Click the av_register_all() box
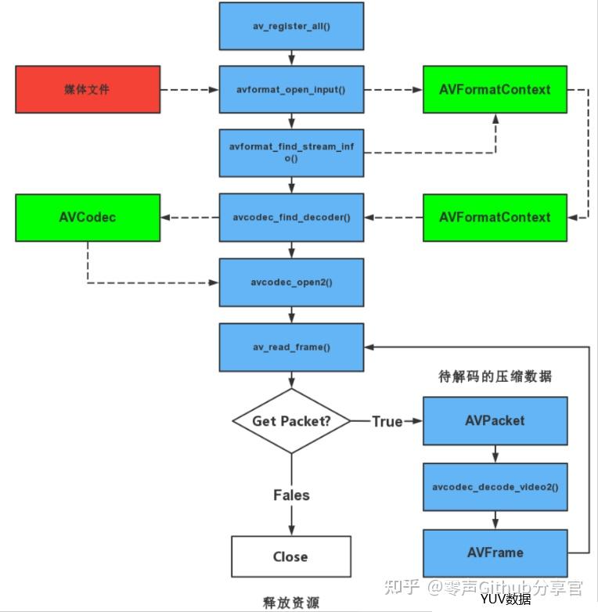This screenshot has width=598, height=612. click(x=291, y=26)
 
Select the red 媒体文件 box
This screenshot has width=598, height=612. click(x=88, y=89)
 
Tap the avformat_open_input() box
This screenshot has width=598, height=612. click(x=291, y=89)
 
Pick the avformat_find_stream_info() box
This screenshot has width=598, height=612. click(x=291, y=153)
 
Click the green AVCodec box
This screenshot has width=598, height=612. click(x=88, y=218)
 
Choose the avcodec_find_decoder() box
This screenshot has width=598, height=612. click(x=291, y=218)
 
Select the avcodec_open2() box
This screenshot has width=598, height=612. click(x=291, y=283)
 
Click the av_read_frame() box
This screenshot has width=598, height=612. click(x=291, y=347)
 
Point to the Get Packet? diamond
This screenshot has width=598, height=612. click(x=291, y=421)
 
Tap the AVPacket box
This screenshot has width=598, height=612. click(x=495, y=421)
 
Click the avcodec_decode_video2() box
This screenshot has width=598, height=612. click(x=495, y=487)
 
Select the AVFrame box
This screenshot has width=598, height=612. click(x=495, y=553)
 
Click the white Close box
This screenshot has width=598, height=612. click(x=291, y=556)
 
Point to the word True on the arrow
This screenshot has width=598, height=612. click(x=387, y=422)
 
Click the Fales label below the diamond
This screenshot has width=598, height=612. click(x=292, y=495)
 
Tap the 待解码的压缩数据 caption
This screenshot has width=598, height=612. click(x=495, y=376)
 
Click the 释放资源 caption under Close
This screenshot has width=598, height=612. click(x=291, y=603)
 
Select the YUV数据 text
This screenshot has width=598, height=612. click(x=506, y=599)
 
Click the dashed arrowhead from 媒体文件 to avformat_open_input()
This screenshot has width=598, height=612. click(x=214, y=90)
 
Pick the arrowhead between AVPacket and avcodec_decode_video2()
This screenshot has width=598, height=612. click(x=495, y=458)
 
